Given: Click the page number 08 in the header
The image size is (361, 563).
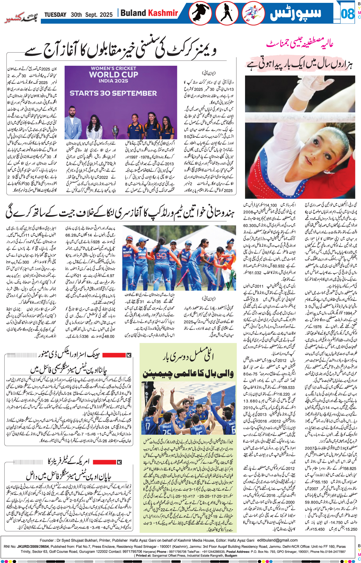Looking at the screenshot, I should click(x=348, y=13).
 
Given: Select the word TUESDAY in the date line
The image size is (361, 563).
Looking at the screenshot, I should click(x=55, y=15).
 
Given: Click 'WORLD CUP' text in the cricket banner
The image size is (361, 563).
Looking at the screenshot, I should click(x=113, y=75).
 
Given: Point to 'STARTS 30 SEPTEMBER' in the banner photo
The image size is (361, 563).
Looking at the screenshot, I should click(x=113, y=93).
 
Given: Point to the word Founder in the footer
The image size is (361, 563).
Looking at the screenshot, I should click(x=47, y=540).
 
